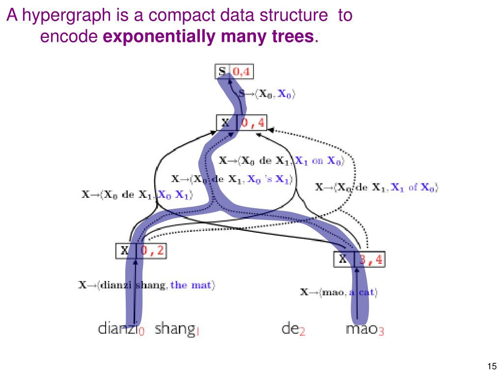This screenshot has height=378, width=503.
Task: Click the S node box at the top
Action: pyautogui.click(x=223, y=72)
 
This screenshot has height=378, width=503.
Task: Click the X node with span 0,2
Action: pyautogui.click(x=141, y=251)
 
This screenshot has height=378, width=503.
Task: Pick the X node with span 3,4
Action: pyautogui.click(x=360, y=259)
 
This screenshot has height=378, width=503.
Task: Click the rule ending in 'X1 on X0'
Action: pyautogui.click(x=281, y=160)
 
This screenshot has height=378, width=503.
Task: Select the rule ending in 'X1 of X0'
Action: pyautogui.click(x=376, y=187)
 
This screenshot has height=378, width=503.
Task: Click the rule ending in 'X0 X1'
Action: pyautogui.click(x=137, y=194)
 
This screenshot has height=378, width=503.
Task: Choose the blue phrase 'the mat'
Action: pyautogui.click(x=192, y=284)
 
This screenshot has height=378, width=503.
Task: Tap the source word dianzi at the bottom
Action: pyautogui.click(x=118, y=328)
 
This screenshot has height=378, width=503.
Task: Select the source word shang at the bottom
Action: pyautogui.click(x=174, y=328)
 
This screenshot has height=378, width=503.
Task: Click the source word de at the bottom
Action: pyautogui.click(x=291, y=328)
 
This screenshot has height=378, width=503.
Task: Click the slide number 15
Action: pyautogui.click(x=491, y=366)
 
